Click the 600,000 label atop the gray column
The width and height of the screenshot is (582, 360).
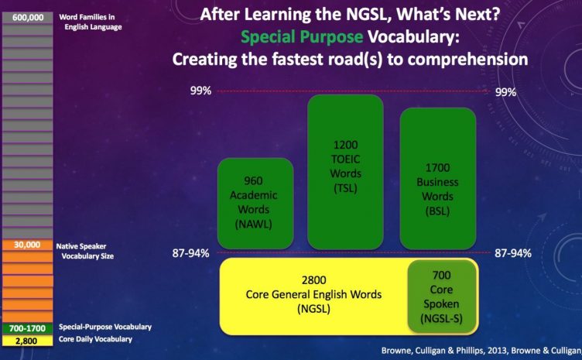(27, 18)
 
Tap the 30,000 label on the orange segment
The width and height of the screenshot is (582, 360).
(27, 245)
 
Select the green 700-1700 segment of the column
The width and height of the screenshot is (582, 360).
(27, 328)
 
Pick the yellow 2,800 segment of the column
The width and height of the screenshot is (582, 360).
(27, 341)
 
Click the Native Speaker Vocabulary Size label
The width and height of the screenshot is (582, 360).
(84, 252)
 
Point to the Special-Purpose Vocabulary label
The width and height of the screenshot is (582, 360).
(105, 327)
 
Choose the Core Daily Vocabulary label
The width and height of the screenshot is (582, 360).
(95, 339)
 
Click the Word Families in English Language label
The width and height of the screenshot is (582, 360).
(91, 22)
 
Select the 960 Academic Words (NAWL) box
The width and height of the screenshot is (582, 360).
(255, 204)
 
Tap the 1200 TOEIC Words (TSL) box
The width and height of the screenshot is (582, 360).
(345, 172)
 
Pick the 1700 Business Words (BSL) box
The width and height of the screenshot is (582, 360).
(437, 179)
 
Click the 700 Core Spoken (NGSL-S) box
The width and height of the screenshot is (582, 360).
(442, 297)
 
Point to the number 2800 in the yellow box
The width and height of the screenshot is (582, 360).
(314, 280)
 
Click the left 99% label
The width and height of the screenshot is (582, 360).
(200, 91)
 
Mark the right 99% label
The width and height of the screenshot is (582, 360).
(505, 92)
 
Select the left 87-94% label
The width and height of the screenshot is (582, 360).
(191, 253)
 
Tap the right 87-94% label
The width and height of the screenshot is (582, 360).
(513, 253)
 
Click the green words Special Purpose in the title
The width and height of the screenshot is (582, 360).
(302, 37)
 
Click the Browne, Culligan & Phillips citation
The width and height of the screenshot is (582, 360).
(481, 351)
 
